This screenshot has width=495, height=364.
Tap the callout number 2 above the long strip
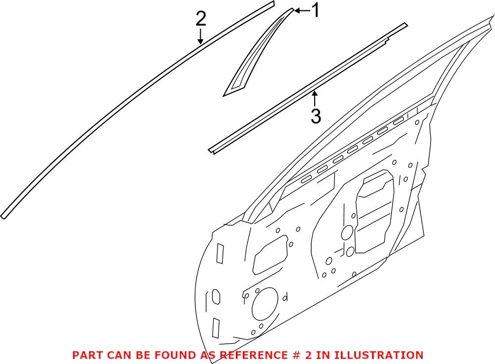tap(200, 19)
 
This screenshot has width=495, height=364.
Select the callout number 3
tap(316, 117)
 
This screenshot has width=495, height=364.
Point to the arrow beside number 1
tap(301, 10)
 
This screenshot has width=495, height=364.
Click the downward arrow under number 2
tap(200, 37)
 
